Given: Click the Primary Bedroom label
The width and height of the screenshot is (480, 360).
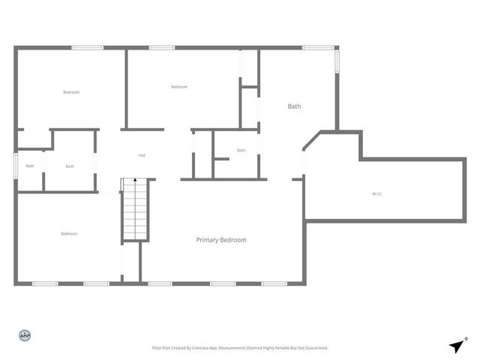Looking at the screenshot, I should click(221, 240).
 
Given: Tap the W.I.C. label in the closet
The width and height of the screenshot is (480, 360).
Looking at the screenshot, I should click(377, 194).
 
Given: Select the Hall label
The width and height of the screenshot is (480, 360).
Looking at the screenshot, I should click(142, 155).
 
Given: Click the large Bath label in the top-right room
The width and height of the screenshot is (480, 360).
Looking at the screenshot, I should click(295, 106).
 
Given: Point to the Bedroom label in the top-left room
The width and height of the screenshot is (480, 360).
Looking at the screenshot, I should click(71, 92).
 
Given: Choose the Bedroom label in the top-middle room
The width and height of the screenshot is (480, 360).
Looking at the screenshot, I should click(179, 87).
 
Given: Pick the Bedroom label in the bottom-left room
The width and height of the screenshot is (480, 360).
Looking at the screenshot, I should click(69, 234).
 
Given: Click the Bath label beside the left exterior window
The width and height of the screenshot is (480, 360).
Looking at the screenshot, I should click(30, 166).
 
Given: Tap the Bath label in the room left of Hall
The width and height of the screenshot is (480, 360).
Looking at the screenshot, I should click(70, 166).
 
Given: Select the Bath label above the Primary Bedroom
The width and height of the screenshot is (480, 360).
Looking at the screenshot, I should click(241, 150).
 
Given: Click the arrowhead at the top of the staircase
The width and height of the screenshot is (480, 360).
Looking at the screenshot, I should click(135, 181).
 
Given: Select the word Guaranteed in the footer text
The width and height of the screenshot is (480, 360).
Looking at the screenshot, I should click(316, 348).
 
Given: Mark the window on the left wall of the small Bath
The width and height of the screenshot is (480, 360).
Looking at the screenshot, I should click(16, 166).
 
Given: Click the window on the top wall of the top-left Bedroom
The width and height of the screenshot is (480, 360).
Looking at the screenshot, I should click(87, 48).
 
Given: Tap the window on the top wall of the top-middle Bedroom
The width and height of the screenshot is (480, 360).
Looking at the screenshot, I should click(161, 48).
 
